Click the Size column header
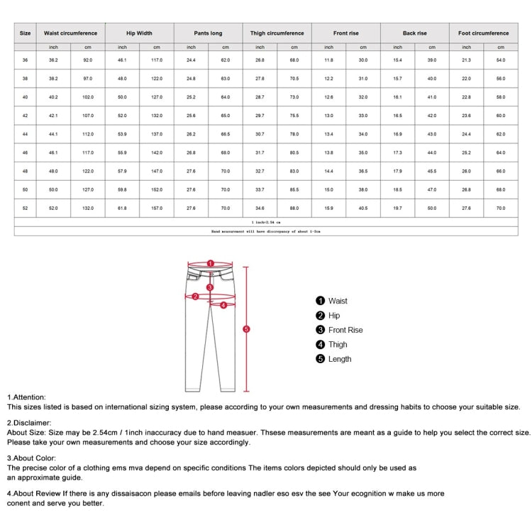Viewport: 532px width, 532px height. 26,33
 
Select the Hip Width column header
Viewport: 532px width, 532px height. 140,33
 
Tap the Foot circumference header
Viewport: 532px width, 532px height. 483,33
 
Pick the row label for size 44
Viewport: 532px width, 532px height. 26,134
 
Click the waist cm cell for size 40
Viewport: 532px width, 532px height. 88,97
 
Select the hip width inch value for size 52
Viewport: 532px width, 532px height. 122,208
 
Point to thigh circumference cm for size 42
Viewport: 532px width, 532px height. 294,116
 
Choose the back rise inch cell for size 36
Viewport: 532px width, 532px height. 397,60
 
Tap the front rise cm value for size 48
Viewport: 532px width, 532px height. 362,171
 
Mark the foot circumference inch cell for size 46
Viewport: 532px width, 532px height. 466,153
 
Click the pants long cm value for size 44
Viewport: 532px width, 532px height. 226,134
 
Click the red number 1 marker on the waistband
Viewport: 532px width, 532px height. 211,263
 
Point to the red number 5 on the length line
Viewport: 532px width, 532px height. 246,328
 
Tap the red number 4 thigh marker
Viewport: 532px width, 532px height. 223,306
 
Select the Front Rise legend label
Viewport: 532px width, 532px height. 345,330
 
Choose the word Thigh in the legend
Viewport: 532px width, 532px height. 338,345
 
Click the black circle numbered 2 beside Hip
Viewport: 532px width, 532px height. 321,316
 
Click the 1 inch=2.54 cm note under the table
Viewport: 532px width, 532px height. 266,223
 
